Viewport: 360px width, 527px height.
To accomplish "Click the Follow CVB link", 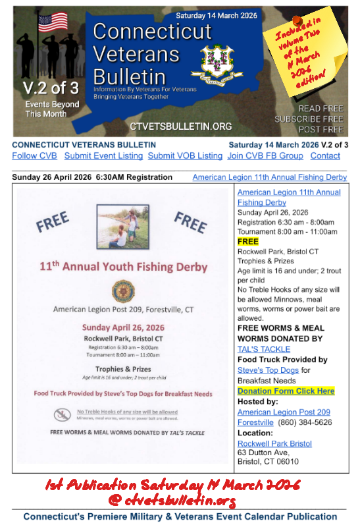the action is point(34,156).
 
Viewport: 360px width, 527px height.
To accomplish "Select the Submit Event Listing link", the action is point(103,156).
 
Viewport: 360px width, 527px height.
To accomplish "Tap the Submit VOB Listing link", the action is point(185,156).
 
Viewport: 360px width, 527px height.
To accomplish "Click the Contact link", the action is point(325,156).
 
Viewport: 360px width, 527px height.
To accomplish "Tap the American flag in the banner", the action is point(53,23).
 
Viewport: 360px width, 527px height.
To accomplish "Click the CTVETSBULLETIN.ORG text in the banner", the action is point(181,126).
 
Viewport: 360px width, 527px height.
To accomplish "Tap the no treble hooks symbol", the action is point(63,414).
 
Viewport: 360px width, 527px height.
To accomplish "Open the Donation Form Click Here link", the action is point(286,391).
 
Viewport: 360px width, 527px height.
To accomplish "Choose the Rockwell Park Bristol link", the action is point(274,443).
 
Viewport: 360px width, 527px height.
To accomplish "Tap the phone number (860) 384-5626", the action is point(304,422).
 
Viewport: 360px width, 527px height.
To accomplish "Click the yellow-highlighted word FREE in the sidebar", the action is point(248,242).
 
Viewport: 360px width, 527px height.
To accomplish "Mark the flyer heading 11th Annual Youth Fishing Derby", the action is point(123,267).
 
